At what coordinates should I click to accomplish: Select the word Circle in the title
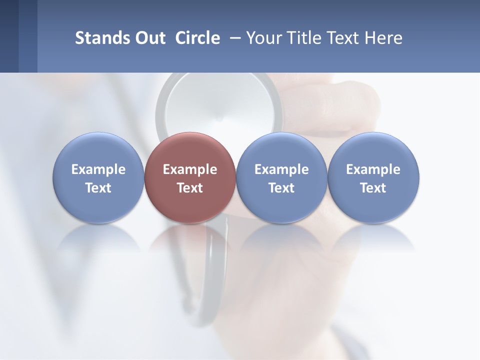click(x=197, y=38)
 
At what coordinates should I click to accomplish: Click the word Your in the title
click(x=262, y=38)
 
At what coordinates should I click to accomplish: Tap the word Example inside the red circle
click(x=190, y=169)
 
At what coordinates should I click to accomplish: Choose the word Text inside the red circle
click(x=190, y=188)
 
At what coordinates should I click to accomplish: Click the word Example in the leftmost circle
click(x=98, y=169)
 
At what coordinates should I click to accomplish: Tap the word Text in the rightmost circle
click(x=373, y=188)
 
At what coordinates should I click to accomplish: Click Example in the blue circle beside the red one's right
click(x=281, y=169)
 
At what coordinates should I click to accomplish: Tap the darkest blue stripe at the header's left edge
click(x=9, y=36)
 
